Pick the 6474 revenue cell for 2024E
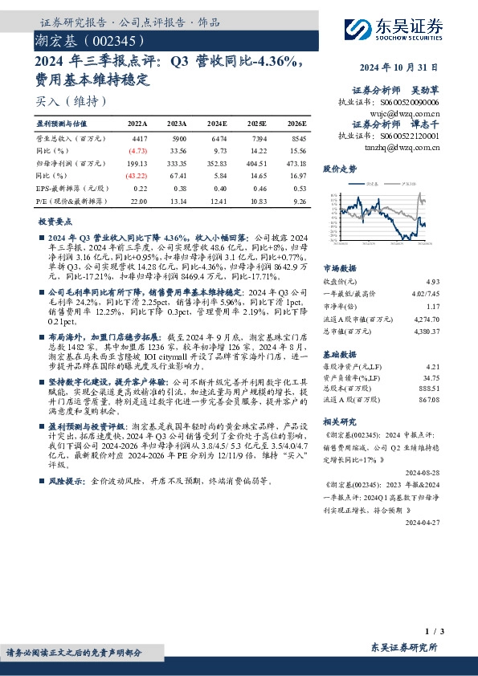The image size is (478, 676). click(x=217, y=139)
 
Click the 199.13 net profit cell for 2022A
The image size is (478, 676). click(x=138, y=162)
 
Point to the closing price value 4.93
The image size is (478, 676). click(x=434, y=282)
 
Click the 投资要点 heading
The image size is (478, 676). click(x=55, y=221)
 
